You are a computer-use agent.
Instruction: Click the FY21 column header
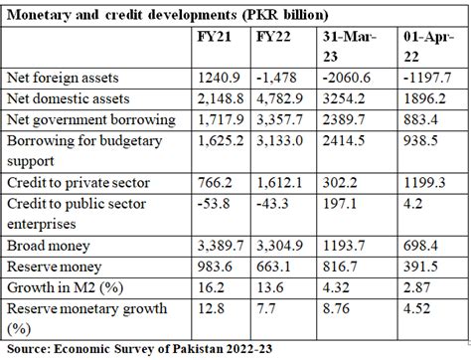[x=215, y=37]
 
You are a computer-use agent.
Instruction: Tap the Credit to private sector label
[x=78, y=183]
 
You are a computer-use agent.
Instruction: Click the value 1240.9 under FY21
[x=214, y=78]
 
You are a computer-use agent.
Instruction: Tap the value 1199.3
[x=424, y=183]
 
